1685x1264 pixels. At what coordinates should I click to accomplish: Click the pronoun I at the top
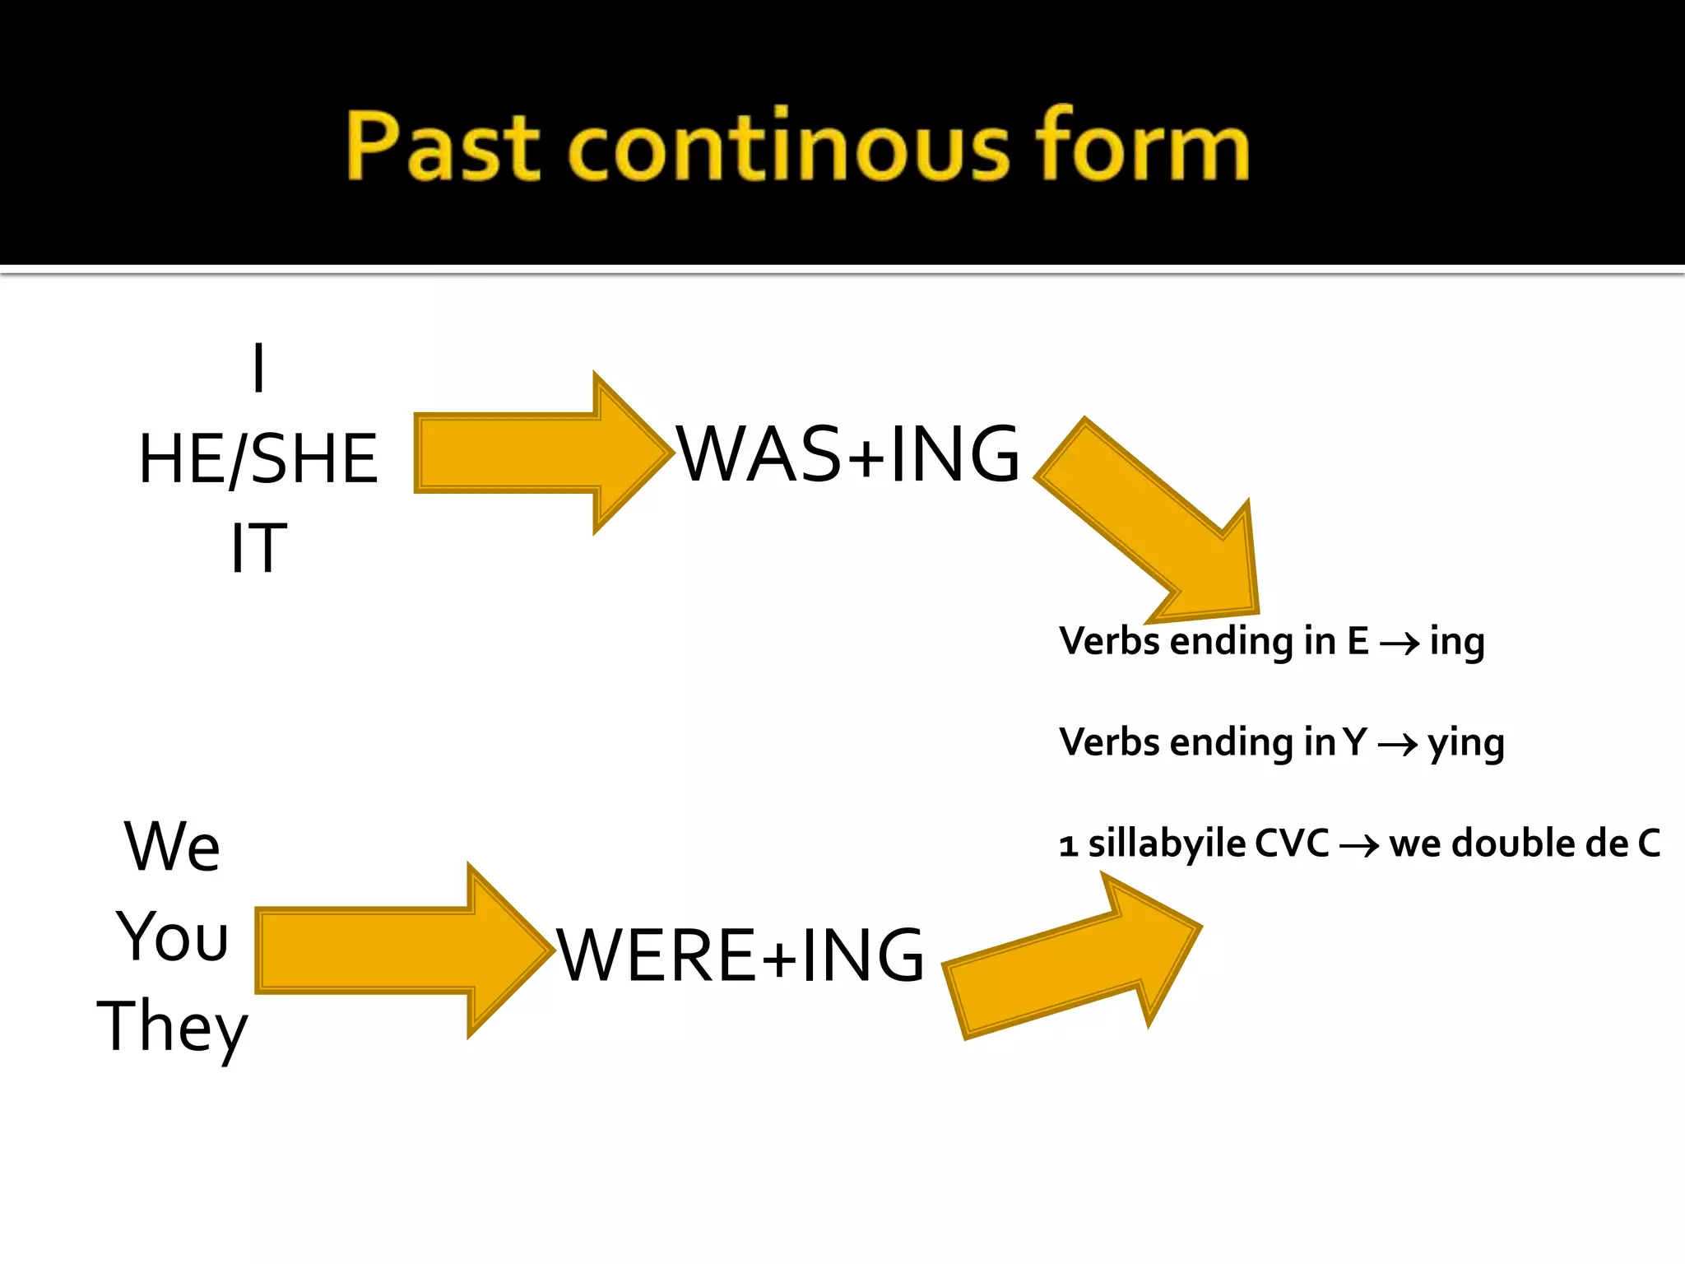coord(258,368)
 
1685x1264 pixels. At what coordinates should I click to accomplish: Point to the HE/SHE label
coord(258,458)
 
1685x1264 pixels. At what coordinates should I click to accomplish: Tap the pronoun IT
coord(258,548)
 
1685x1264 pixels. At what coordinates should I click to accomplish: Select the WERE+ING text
coord(740,955)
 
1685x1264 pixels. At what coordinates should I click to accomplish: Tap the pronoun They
coord(172,1027)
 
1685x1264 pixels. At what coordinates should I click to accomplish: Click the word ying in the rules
coord(1466,744)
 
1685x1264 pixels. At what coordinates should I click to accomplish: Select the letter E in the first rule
coord(1358,642)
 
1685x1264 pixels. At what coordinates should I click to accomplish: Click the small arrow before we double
coord(1359,846)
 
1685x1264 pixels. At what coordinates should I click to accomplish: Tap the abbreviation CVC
coord(1292,844)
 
